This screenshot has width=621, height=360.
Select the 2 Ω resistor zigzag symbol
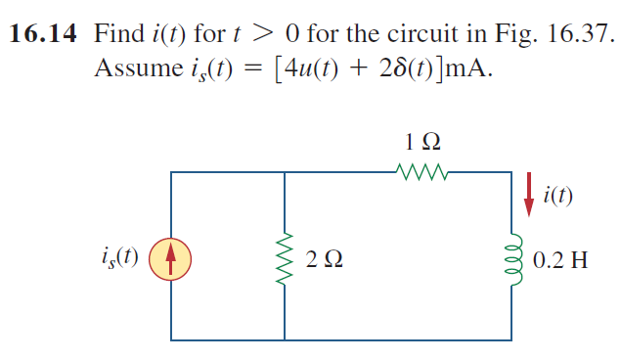coord(285,258)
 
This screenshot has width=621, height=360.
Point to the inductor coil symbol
coord(511,258)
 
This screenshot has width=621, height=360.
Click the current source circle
coord(172,258)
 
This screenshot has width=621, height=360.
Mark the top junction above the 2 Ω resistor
coord(285,173)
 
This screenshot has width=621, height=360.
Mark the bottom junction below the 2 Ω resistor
coord(285,340)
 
